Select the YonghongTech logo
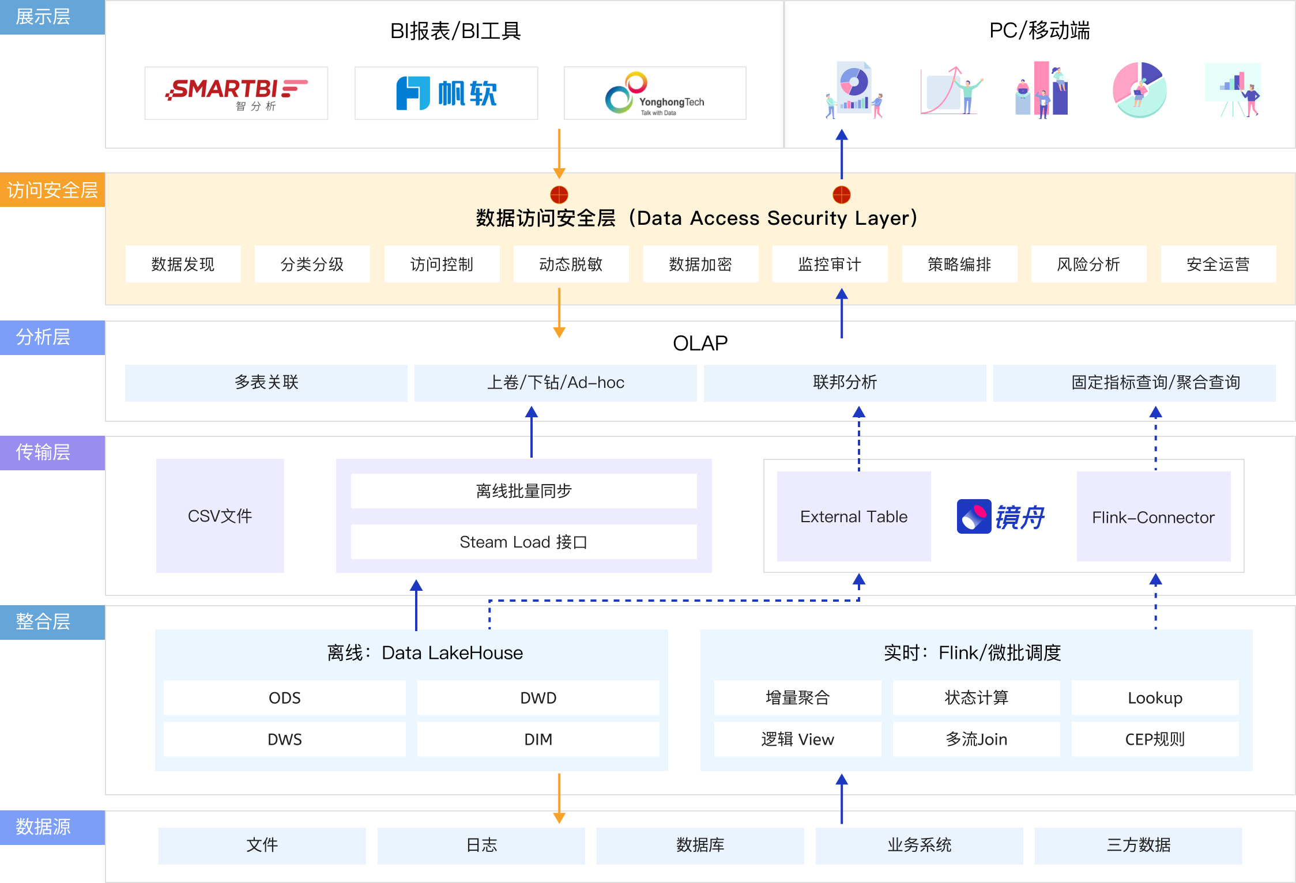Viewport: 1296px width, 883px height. [x=655, y=93]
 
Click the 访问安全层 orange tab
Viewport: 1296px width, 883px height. [x=52, y=190]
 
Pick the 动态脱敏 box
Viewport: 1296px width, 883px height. [x=571, y=265]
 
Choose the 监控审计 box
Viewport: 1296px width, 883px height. [x=830, y=265]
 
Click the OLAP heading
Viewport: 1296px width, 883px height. [x=700, y=344]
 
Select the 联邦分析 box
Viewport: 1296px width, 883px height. [x=845, y=383]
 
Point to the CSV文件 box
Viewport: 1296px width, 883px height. [x=220, y=516]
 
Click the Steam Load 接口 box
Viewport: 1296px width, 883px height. [x=523, y=542]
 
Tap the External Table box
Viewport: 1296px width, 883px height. [x=854, y=516]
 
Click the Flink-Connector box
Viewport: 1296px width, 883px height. [x=1153, y=517]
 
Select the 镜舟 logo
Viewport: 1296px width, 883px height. [x=1001, y=516]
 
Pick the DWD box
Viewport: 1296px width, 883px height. [x=538, y=698]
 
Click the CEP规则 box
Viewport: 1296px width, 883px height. [x=1155, y=739]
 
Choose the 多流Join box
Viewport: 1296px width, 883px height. [x=976, y=739]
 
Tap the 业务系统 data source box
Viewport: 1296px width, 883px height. [x=919, y=846]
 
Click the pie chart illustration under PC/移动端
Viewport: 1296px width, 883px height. [x=1139, y=90]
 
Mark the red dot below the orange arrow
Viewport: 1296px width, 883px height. [x=559, y=195]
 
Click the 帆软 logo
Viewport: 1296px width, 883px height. [x=446, y=93]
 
